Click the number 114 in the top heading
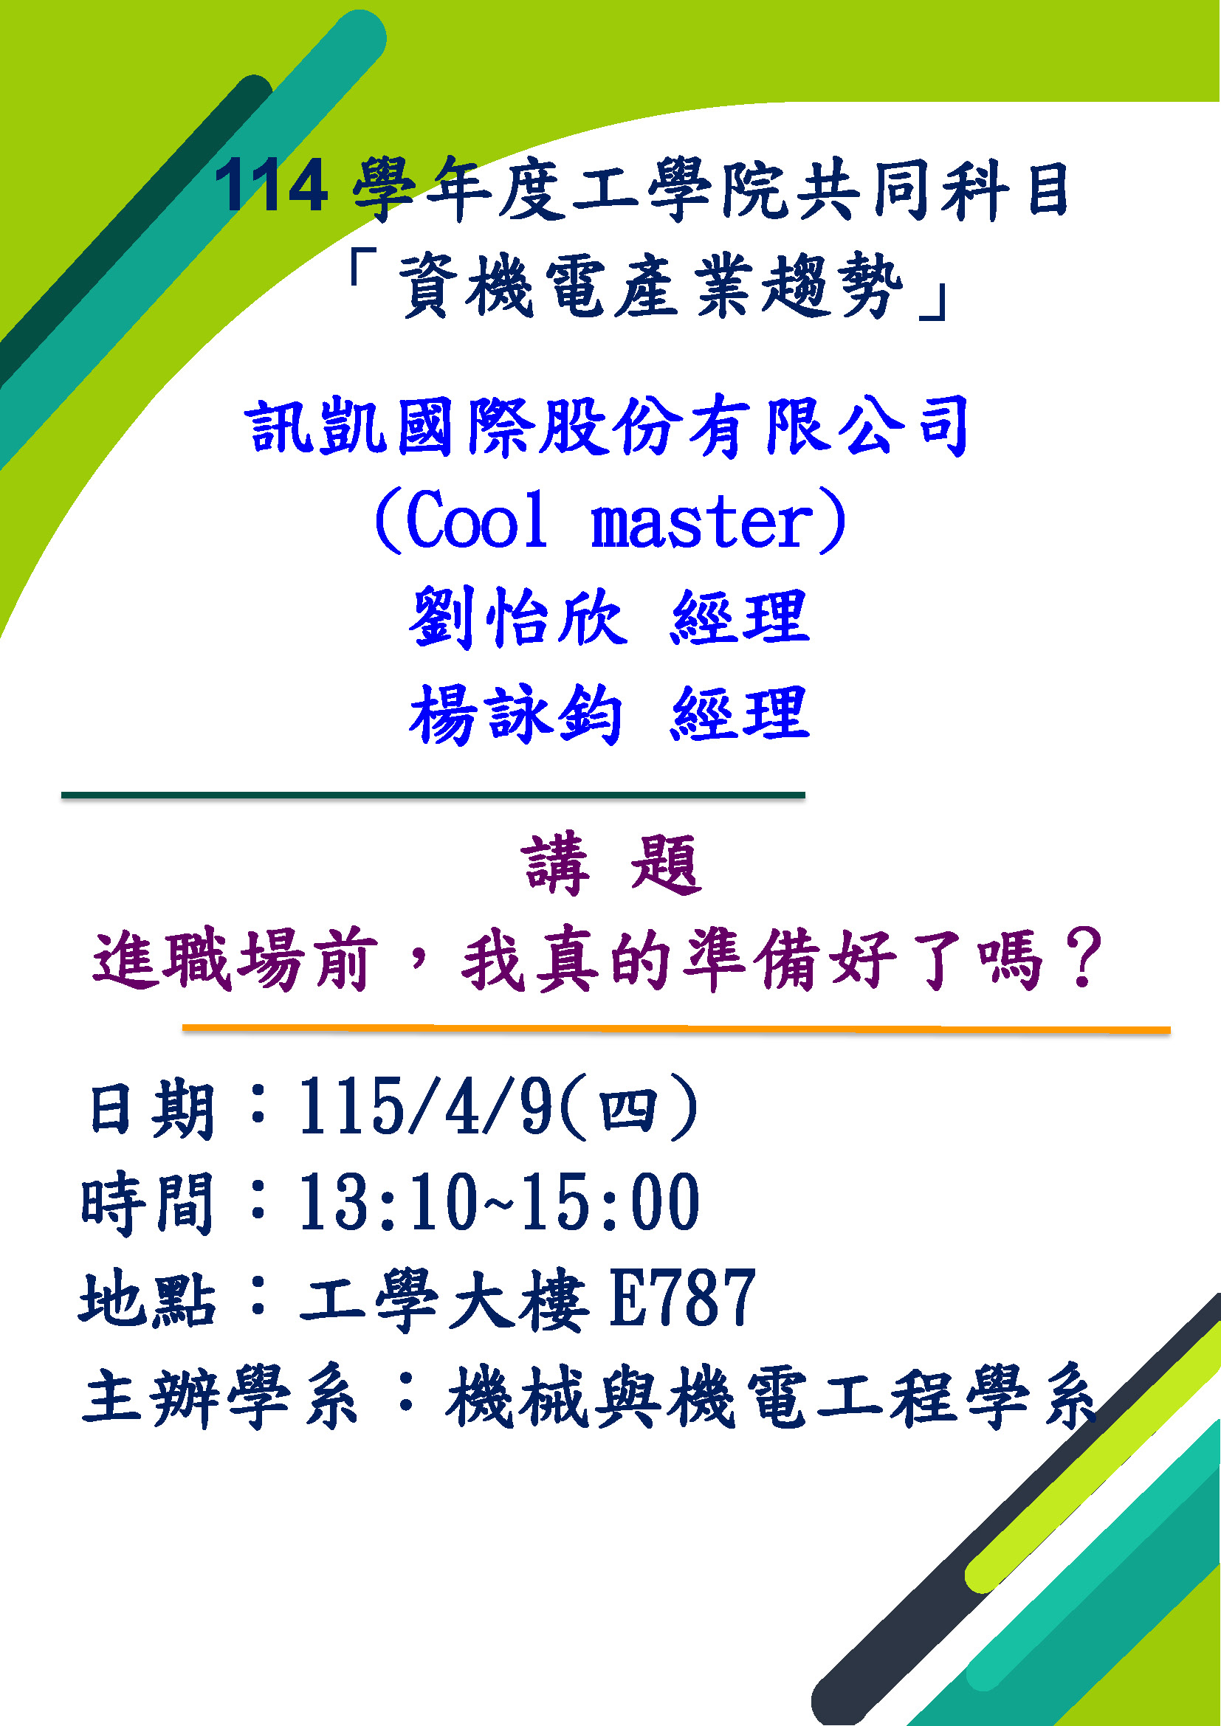pos(271,185)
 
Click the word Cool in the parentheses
pos(476,520)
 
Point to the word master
pos(703,522)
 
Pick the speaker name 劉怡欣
pos(517,617)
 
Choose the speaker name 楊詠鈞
pos(516,714)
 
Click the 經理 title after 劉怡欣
pos(740,617)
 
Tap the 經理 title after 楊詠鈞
pos(740,714)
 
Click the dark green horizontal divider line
pos(433,795)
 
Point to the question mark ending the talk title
pos(1083,959)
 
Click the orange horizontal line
pos(676,1029)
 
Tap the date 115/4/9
pos(425,1107)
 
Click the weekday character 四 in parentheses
pos(628,1110)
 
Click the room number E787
pos(683,1299)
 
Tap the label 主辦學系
pos(219,1397)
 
